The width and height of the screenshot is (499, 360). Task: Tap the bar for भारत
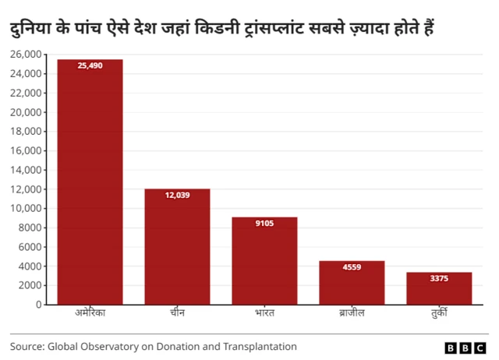pyautogui.click(x=264, y=260)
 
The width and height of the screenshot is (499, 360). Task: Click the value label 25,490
pyautogui.click(x=90, y=66)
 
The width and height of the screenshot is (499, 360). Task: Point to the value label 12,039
pyautogui.click(x=177, y=196)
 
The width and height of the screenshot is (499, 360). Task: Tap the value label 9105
pyautogui.click(x=264, y=224)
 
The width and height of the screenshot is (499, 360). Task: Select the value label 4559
pyautogui.click(x=352, y=267)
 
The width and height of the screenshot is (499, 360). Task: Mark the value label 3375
pyautogui.click(x=439, y=278)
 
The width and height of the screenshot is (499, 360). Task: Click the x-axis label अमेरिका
pyautogui.click(x=90, y=313)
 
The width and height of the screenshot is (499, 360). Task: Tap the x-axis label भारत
pyautogui.click(x=264, y=313)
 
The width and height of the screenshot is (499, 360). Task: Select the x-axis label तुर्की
pyautogui.click(x=439, y=313)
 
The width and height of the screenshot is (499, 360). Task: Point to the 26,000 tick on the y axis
pyautogui.click(x=25, y=55)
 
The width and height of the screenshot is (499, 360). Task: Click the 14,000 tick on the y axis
pyautogui.click(x=25, y=170)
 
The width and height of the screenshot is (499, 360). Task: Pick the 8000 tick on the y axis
pyautogui.click(x=30, y=228)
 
